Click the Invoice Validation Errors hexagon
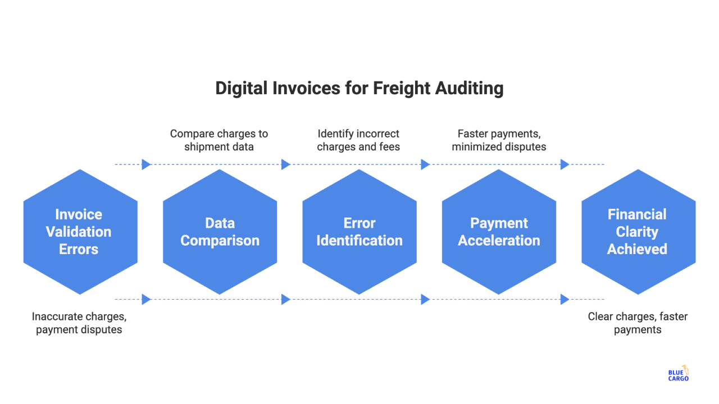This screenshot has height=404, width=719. point(80,232)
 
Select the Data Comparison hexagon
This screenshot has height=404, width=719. point(220,232)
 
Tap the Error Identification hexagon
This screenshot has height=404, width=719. point(359,232)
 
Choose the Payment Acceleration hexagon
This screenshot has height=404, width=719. point(499,232)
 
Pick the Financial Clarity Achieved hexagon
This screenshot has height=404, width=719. point(638,232)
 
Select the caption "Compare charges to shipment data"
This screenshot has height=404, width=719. point(219,140)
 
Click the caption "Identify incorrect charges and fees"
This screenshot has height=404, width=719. point(358,140)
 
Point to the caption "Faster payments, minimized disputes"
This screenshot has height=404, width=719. point(499,140)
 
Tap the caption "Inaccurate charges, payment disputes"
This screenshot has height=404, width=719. point(79,323)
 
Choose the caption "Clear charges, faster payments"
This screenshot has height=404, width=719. point(638,323)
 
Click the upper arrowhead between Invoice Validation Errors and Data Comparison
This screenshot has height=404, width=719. point(146,164)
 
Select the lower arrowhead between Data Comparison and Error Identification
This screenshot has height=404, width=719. point(285,300)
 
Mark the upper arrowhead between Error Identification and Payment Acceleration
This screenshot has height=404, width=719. point(425,164)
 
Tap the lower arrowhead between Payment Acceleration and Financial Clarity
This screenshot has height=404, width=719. point(565,300)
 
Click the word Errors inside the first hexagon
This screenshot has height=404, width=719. point(79,249)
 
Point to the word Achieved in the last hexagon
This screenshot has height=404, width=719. point(637,249)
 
